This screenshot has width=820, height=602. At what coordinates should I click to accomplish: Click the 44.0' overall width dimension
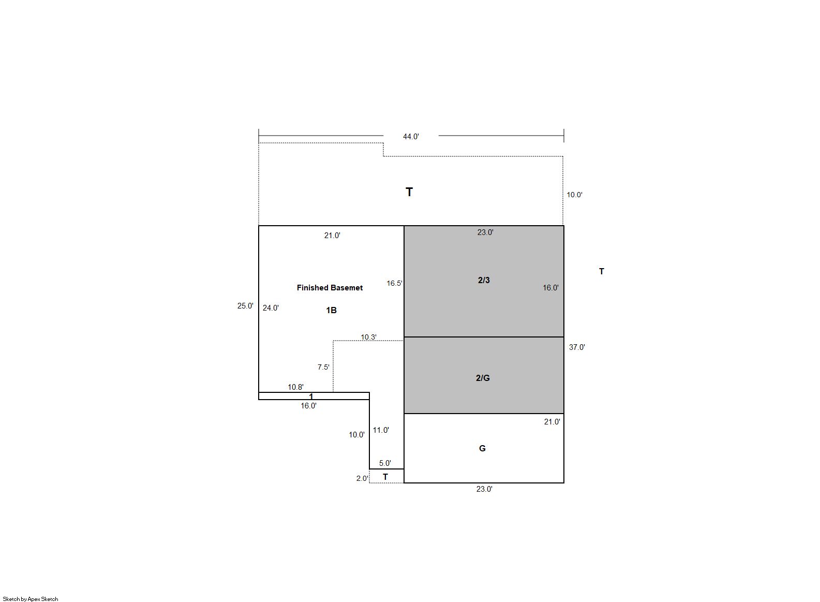click(x=411, y=137)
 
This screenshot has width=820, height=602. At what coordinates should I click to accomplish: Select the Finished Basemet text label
click(x=330, y=288)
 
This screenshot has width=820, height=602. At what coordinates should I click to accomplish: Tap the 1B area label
click(x=331, y=311)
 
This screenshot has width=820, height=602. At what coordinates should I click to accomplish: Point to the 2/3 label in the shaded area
click(x=484, y=280)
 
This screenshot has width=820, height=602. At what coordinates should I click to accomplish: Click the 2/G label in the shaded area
click(x=483, y=378)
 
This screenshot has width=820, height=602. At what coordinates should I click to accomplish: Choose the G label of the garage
click(x=482, y=448)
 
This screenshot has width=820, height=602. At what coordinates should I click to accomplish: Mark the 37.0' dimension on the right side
click(x=577, y=347)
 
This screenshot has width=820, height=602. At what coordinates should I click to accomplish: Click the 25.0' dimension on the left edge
click(x=245, y=306)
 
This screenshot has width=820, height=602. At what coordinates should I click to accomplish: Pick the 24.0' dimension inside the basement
click(x=271, y=308)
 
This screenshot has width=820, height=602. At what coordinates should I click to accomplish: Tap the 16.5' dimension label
click(x=395, y=283)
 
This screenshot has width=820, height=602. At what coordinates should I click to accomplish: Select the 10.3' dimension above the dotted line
click(x=369, y=337)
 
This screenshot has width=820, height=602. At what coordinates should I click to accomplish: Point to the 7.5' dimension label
click(x=324, y=367)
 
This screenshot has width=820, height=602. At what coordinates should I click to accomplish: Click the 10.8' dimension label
click(x=295, y=387)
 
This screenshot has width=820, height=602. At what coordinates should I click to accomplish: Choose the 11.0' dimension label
click(x=381, y=430)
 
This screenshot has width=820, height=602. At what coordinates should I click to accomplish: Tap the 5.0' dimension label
click(x=385, y=463)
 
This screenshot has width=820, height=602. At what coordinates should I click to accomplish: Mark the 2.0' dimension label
click(x=363, y=479)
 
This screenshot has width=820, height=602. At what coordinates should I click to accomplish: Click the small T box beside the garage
click(x=386, y=476)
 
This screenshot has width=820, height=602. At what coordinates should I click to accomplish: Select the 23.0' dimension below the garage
click(x=484, y=489)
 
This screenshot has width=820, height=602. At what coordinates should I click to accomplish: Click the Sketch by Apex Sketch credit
click(x=31, y=599)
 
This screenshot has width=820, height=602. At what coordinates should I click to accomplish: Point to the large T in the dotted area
click(x=409, y=192)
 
